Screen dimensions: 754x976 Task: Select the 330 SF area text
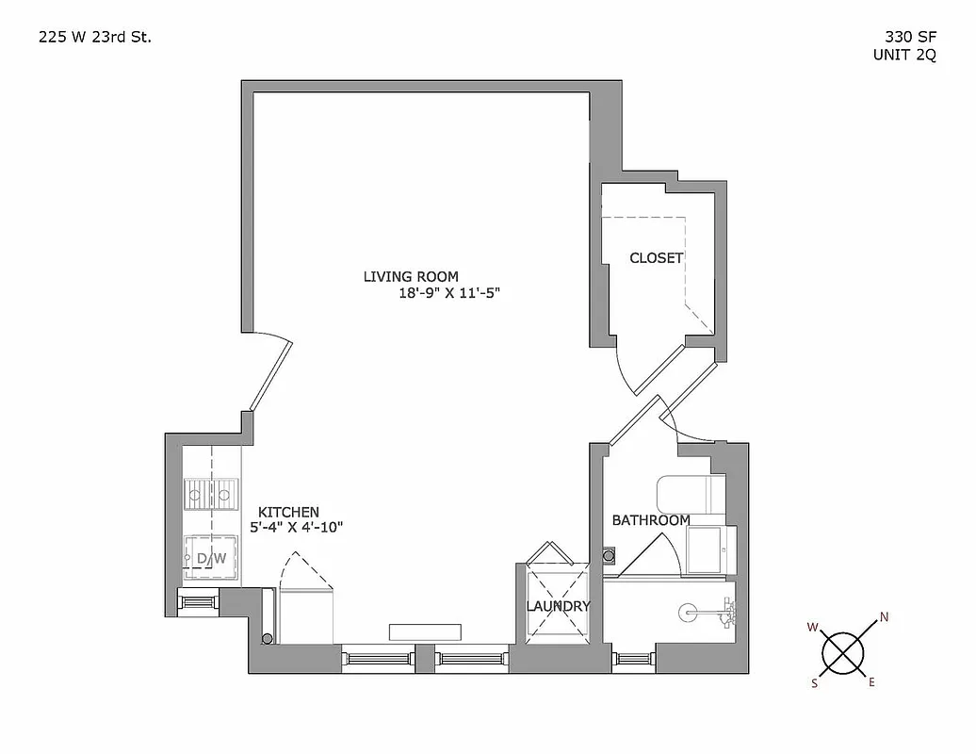click(903, 38)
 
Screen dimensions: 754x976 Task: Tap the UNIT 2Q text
click(903, 55)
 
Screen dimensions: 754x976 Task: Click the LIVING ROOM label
click(411, 276)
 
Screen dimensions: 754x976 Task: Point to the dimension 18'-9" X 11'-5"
click(447, 293)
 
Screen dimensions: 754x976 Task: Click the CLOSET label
click(656, 257)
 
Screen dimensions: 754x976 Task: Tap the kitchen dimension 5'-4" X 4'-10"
click(296, 528)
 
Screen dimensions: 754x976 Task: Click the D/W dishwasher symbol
click(211, 557)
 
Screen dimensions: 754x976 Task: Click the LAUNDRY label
click(558, 606)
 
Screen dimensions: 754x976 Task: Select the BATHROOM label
click(651, 519)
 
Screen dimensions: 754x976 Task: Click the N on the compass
click(884, 618)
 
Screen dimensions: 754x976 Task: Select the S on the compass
click(814, 684)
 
